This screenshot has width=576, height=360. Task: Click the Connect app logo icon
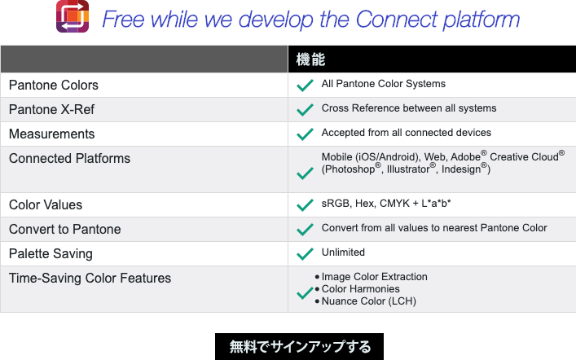[x=73, y=16]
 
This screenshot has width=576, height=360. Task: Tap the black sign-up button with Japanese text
[x=299, y=346]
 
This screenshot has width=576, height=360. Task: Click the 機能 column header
[x=310, y=59]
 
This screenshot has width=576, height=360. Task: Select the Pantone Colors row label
[x=54, y=86]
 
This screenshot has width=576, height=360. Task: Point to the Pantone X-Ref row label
[x=51, y=109]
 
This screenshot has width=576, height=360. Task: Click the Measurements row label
[x=52, y=134]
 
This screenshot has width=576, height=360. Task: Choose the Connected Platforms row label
[x=69, y=158]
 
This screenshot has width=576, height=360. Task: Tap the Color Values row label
[x=46, y=205]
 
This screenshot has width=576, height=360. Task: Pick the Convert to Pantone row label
[x=64, y=229]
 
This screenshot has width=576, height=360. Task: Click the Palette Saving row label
[x=51, y=254]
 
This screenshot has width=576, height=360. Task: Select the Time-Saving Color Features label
[x=90, y=278]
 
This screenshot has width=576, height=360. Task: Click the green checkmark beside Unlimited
[x=305, y=254]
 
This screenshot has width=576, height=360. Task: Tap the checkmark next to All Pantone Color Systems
[x=305, y=86]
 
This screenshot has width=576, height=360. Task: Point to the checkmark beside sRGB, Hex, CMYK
[x=305, y=205]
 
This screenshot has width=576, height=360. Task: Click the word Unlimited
[x=343, y=252]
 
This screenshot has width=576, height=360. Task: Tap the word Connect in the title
[x=397, y=19]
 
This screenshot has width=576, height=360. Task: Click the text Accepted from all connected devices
[x=407, y=133]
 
